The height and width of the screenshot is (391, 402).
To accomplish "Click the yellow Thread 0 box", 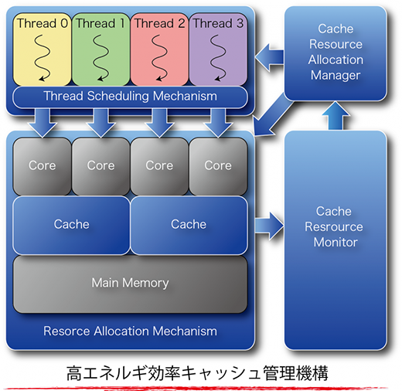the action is pyautogui.click(x=42, y=49).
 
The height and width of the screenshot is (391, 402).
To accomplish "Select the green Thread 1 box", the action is pyautogui.click(x=100, y=49).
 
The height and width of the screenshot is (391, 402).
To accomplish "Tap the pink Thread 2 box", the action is pyautogui.click(x=159, y=49).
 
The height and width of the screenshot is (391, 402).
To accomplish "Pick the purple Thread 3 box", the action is pyautogui.click(x=218, y=49).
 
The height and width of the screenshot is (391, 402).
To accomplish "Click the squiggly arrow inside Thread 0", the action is pyautogui.click(x=41, y=57).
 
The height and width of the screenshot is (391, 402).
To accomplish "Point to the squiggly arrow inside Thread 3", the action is pyautogui.click(x=217, y=57).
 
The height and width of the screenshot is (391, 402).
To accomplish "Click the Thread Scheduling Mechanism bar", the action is pyautogui.click(x=130, y=97).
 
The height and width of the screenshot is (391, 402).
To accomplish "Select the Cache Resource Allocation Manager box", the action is pyautogui.click(x=336, y=53).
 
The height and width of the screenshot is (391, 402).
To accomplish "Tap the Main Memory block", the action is pyautogui.click(x=130, y=284).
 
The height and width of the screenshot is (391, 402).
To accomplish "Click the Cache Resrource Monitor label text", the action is pyautogui.click(x=334, y=226).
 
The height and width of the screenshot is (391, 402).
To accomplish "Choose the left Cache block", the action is pyautogui.click(x=72, y=226).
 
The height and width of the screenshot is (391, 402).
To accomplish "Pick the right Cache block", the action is pyautogui.click(x=189, y=226).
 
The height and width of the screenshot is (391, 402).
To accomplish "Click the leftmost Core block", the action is pyautogui.click(x=42, y=166).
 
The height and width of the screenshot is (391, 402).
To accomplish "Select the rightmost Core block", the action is pyautogui.click(x=218, y=166).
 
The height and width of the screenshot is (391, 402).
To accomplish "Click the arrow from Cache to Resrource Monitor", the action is pyautogui.click(x=269, y=226).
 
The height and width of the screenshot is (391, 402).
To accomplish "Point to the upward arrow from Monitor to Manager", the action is pyautogui.click(x=336, y=115).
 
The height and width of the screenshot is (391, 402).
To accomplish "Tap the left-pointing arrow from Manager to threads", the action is pyautogui.click(x=269, y=57).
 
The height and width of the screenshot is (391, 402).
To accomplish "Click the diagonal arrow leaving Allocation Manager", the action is pyautogui.click(x=273, y=117).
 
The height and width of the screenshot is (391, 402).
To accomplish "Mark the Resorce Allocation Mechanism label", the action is pyautogui.click(x=130, y=331).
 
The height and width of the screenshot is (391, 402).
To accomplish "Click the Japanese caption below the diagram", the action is pyautogui.click(x=197, y=373).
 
